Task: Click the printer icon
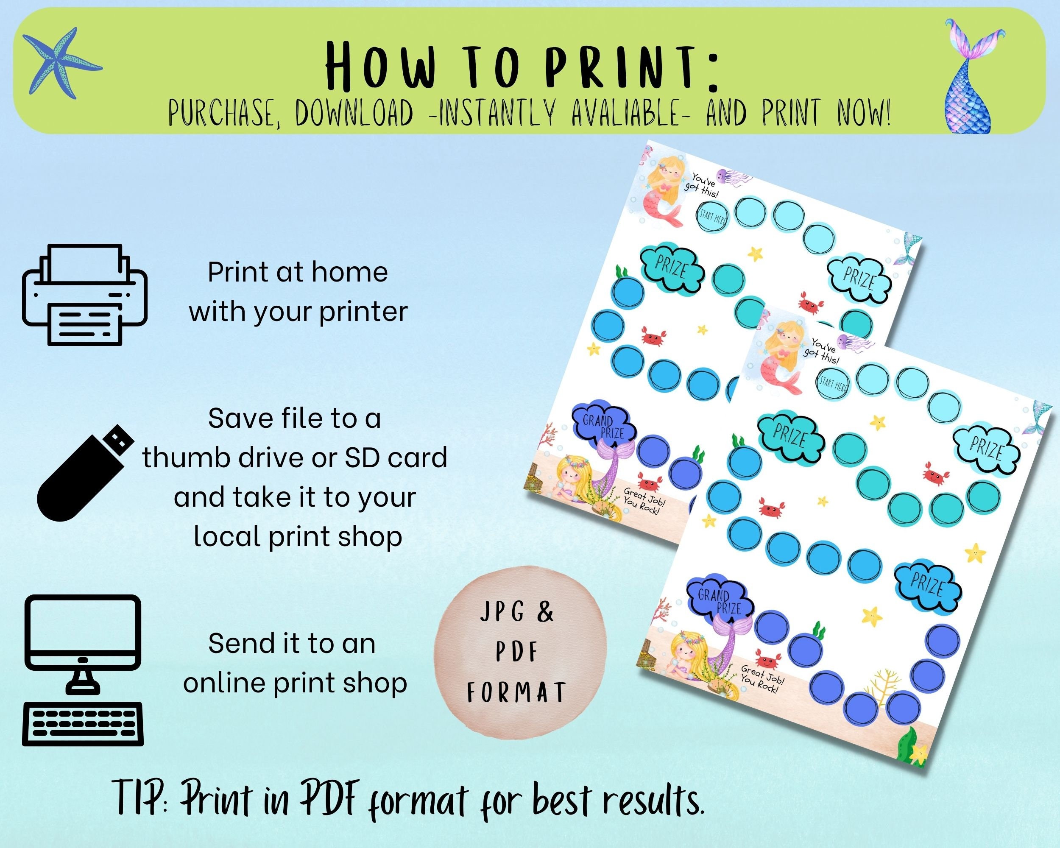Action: coord(84,295)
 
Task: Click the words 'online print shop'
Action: coord(295,682)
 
